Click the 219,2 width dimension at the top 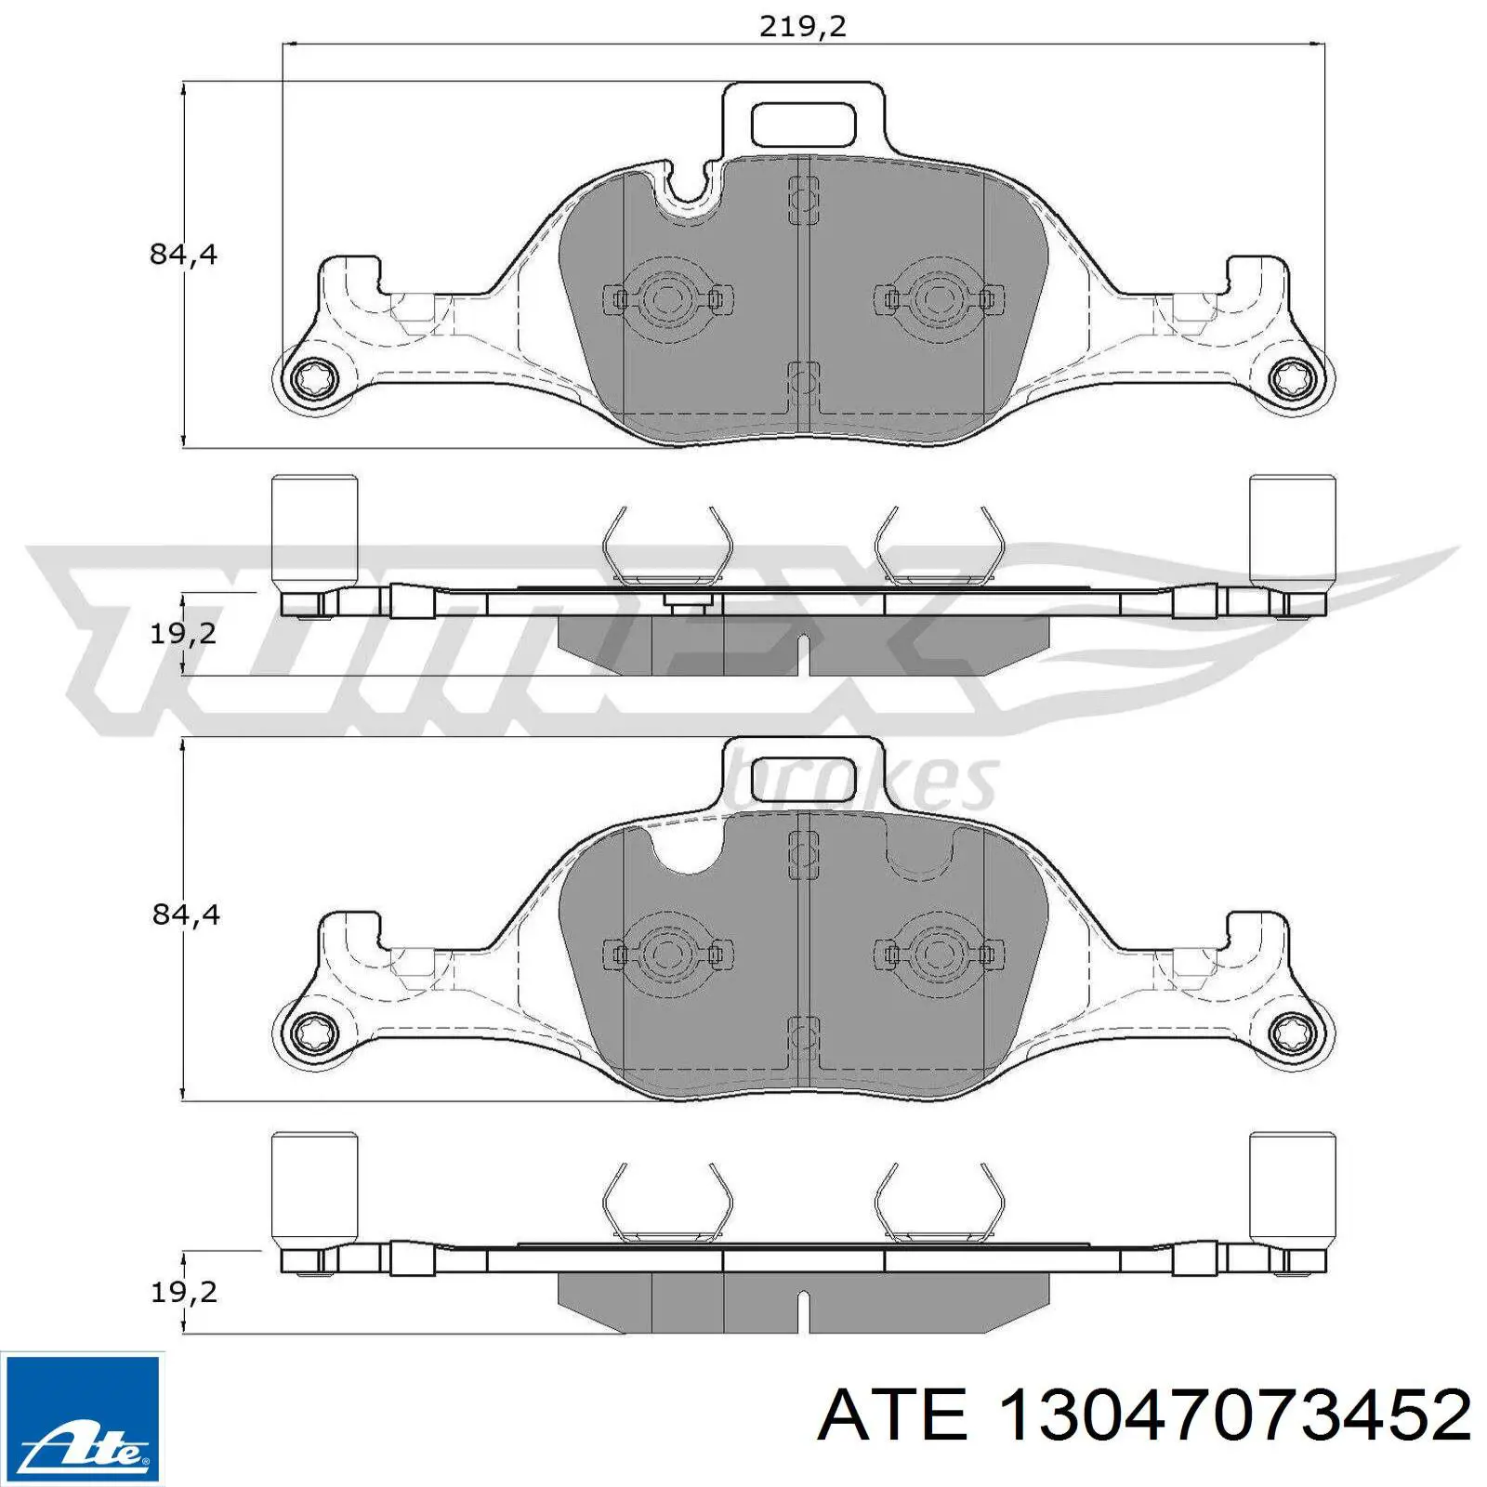803,26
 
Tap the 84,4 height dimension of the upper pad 183,254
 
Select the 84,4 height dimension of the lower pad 186,915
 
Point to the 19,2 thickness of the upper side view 183,633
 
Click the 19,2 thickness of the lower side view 183,1291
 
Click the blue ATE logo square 82,1418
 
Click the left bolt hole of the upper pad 311,380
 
